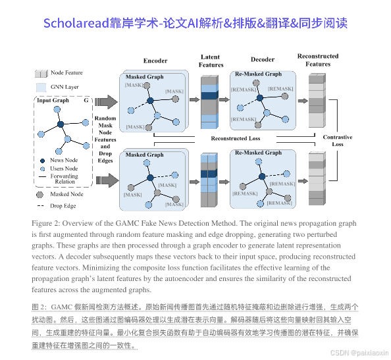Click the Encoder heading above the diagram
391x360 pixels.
(x=155, y=61)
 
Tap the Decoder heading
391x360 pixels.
(x=263, y=60)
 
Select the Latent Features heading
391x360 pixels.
(x=211, y=61)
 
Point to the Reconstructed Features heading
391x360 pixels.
(x=318, y=60)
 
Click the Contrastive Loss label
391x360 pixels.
(x=338, y=140)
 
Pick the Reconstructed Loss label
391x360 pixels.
(x=235, y=138)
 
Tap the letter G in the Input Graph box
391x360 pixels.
(x=86, y=101)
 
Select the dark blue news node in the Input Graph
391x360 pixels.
(x=61, y=124)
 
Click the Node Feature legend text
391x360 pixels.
(x=67, y=73)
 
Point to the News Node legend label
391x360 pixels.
(x=64, y=160)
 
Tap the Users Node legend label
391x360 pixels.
(x=64, y=168)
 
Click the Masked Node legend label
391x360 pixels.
(x=66, y=194)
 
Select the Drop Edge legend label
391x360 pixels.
(x=63, y=206)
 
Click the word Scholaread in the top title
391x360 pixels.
(x=73, y=22)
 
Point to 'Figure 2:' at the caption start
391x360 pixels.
(x=47, y=223)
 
